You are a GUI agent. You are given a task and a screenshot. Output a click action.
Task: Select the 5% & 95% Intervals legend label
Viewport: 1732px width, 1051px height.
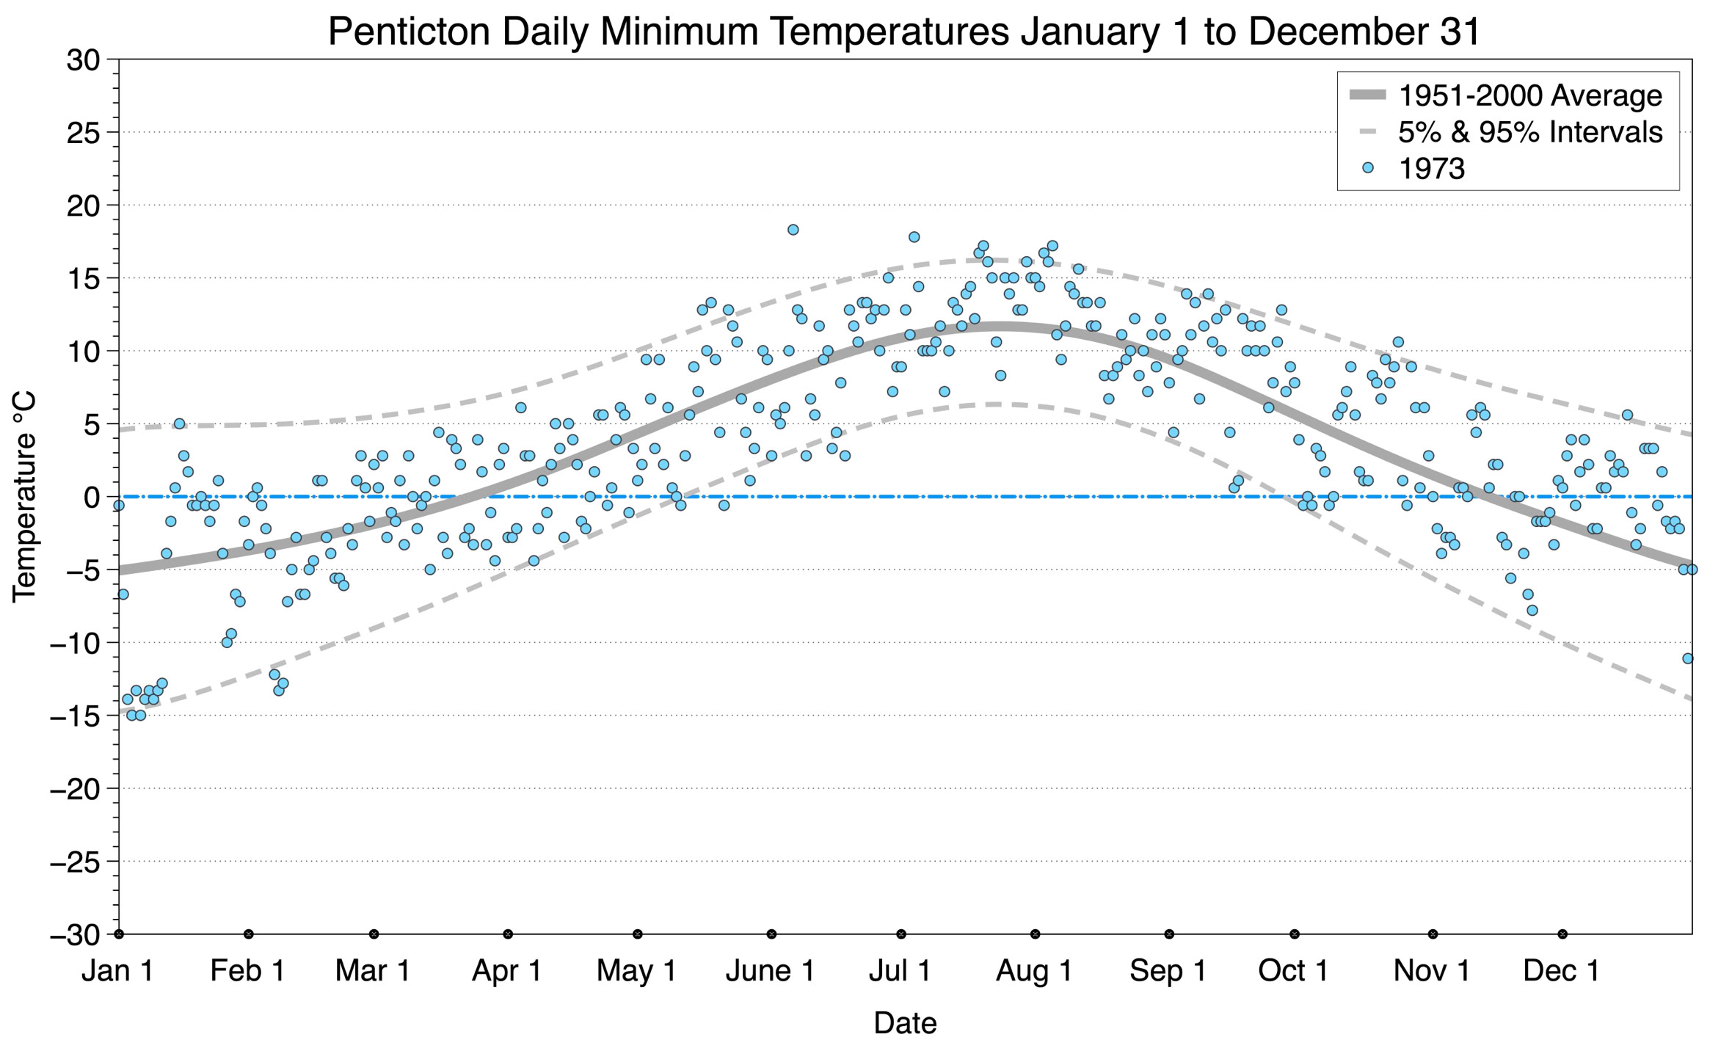[x=1530, y=132]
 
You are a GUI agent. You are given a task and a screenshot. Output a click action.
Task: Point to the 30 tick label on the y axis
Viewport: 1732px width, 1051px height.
[x=83, y=59]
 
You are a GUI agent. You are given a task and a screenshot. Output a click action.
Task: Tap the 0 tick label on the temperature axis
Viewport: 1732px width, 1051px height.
[x=92, y=498]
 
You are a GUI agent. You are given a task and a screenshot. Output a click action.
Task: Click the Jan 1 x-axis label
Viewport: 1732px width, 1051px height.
[x=118, y=971]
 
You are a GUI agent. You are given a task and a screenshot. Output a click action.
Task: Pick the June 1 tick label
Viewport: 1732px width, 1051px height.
[x=771, y=971]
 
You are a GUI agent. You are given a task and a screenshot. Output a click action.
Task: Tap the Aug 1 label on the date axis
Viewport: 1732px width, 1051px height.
[x=1034, y=971]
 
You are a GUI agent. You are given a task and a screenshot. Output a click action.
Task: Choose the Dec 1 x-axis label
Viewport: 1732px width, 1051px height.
[x=1562, y=971]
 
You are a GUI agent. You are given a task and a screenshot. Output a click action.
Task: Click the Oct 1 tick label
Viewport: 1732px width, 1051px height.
[x=1294, y=971]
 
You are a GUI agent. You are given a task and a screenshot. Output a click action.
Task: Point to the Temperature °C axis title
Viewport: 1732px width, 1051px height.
[x=24, y=497]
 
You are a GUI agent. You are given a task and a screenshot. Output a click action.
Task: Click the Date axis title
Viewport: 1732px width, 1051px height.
[x=905, y=1023]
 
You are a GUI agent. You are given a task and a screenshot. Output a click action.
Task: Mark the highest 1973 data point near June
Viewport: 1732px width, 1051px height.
[x=793, y=230]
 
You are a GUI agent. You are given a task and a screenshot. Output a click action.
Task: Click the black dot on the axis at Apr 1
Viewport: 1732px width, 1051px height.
[x=508, y=934]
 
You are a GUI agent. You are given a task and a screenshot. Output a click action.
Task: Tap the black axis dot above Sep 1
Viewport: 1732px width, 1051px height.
[x=1169, y=934]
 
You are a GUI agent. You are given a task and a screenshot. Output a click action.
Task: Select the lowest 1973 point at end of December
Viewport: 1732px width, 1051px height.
[x=1687, y=658]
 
